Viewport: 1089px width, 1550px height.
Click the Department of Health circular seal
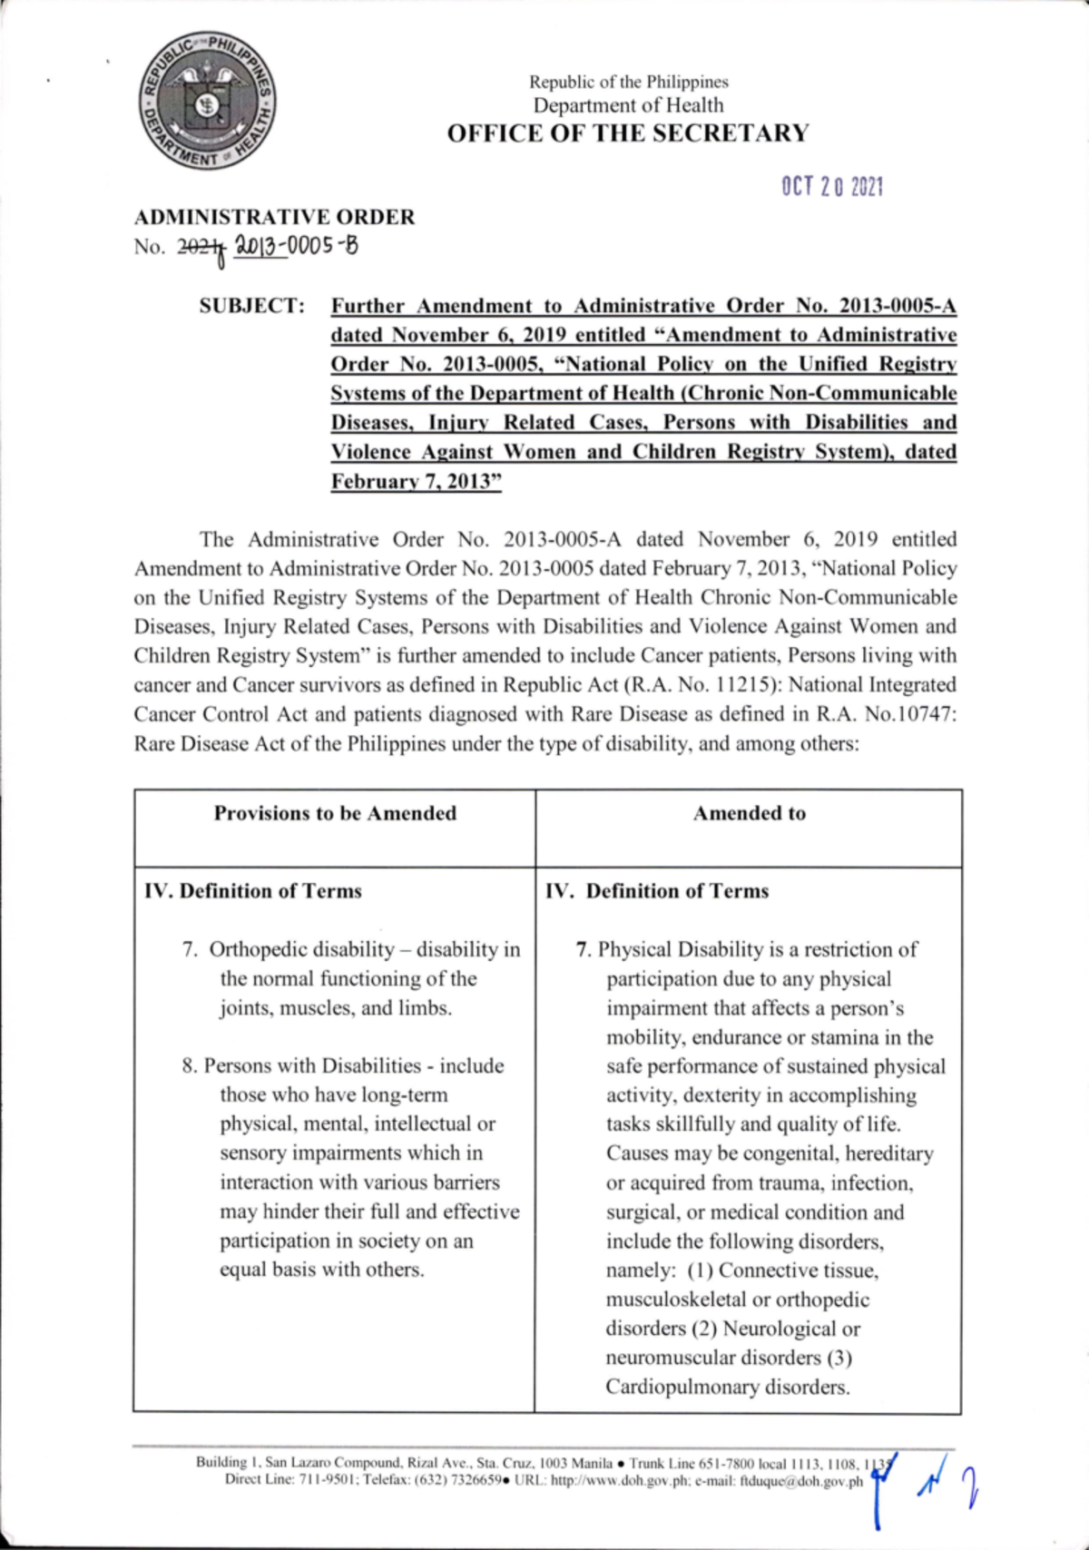click(208, 102)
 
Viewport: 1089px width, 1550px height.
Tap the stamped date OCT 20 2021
click(832, 187)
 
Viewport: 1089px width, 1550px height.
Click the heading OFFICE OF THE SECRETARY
click(628, 133)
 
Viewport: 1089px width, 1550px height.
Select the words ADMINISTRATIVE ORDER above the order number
click(274, 217)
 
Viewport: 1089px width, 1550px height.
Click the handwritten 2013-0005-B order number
click(296, 245)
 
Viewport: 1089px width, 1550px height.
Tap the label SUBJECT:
click(252, 306)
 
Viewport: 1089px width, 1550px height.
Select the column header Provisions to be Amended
click(335, 813)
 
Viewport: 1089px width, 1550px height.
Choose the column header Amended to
click(750, 813)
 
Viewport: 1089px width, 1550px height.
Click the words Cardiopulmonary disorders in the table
click(728, 1387)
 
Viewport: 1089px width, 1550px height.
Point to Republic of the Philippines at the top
click(629, 82)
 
